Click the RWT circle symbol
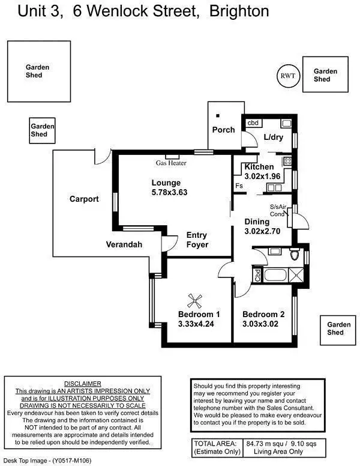286,75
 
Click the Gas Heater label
172,163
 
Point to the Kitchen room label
259,167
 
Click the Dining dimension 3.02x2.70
262,231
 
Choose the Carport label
84,199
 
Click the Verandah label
124,244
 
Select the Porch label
224,130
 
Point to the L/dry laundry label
273,138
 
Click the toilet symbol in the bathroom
294,255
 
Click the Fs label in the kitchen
239,186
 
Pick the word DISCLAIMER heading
82,383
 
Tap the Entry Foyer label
197,240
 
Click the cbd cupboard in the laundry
254,123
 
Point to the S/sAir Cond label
278,210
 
